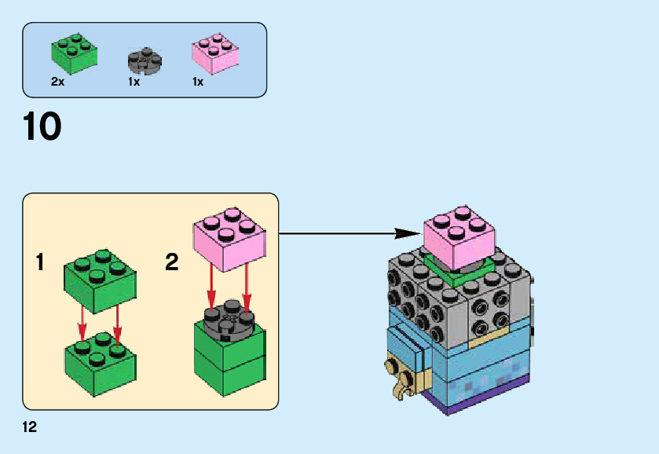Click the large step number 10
[42, 127]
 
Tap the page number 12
[30, 427]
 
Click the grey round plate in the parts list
[144, 60]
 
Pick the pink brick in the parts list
[214, 53]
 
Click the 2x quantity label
[57, 82]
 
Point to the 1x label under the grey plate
[134, 82]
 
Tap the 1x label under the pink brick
[198, 82]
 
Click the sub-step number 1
[40, 262]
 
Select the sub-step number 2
[172, 262]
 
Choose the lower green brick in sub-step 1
[99, 362]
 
